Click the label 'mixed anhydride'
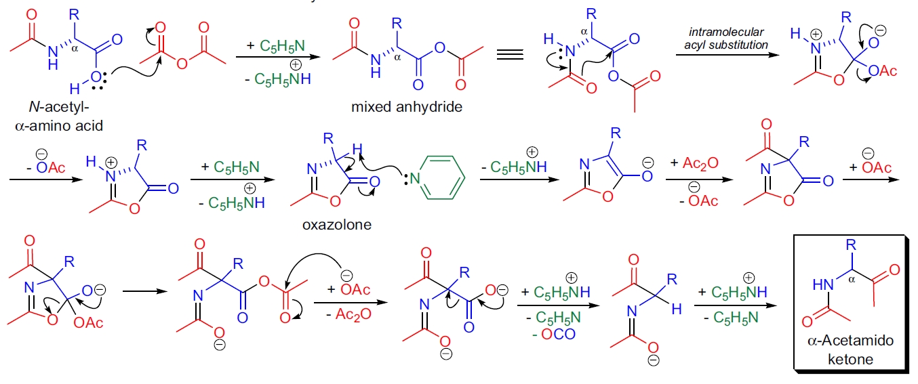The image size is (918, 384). click(x=397, y=106)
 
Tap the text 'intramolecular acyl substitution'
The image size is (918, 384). click(x=725, y=39)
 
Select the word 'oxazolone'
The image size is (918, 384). click(x=337, y=224)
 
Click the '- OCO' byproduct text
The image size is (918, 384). click(x=554, y=334)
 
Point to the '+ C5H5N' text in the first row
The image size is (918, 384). click(x=277, y=46)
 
